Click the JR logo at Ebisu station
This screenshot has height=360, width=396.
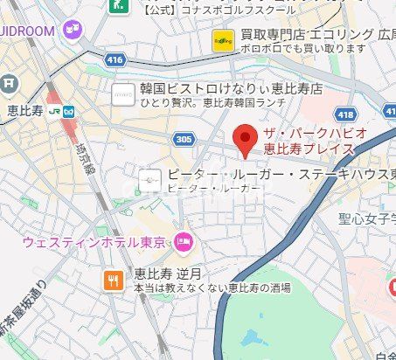point(55,111)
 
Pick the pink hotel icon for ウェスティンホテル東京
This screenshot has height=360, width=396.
point(184,241)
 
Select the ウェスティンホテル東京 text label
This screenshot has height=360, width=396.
point(97,241)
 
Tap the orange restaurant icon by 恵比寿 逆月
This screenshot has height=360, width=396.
point(113,280)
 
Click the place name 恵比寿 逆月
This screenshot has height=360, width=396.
point(163,273)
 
